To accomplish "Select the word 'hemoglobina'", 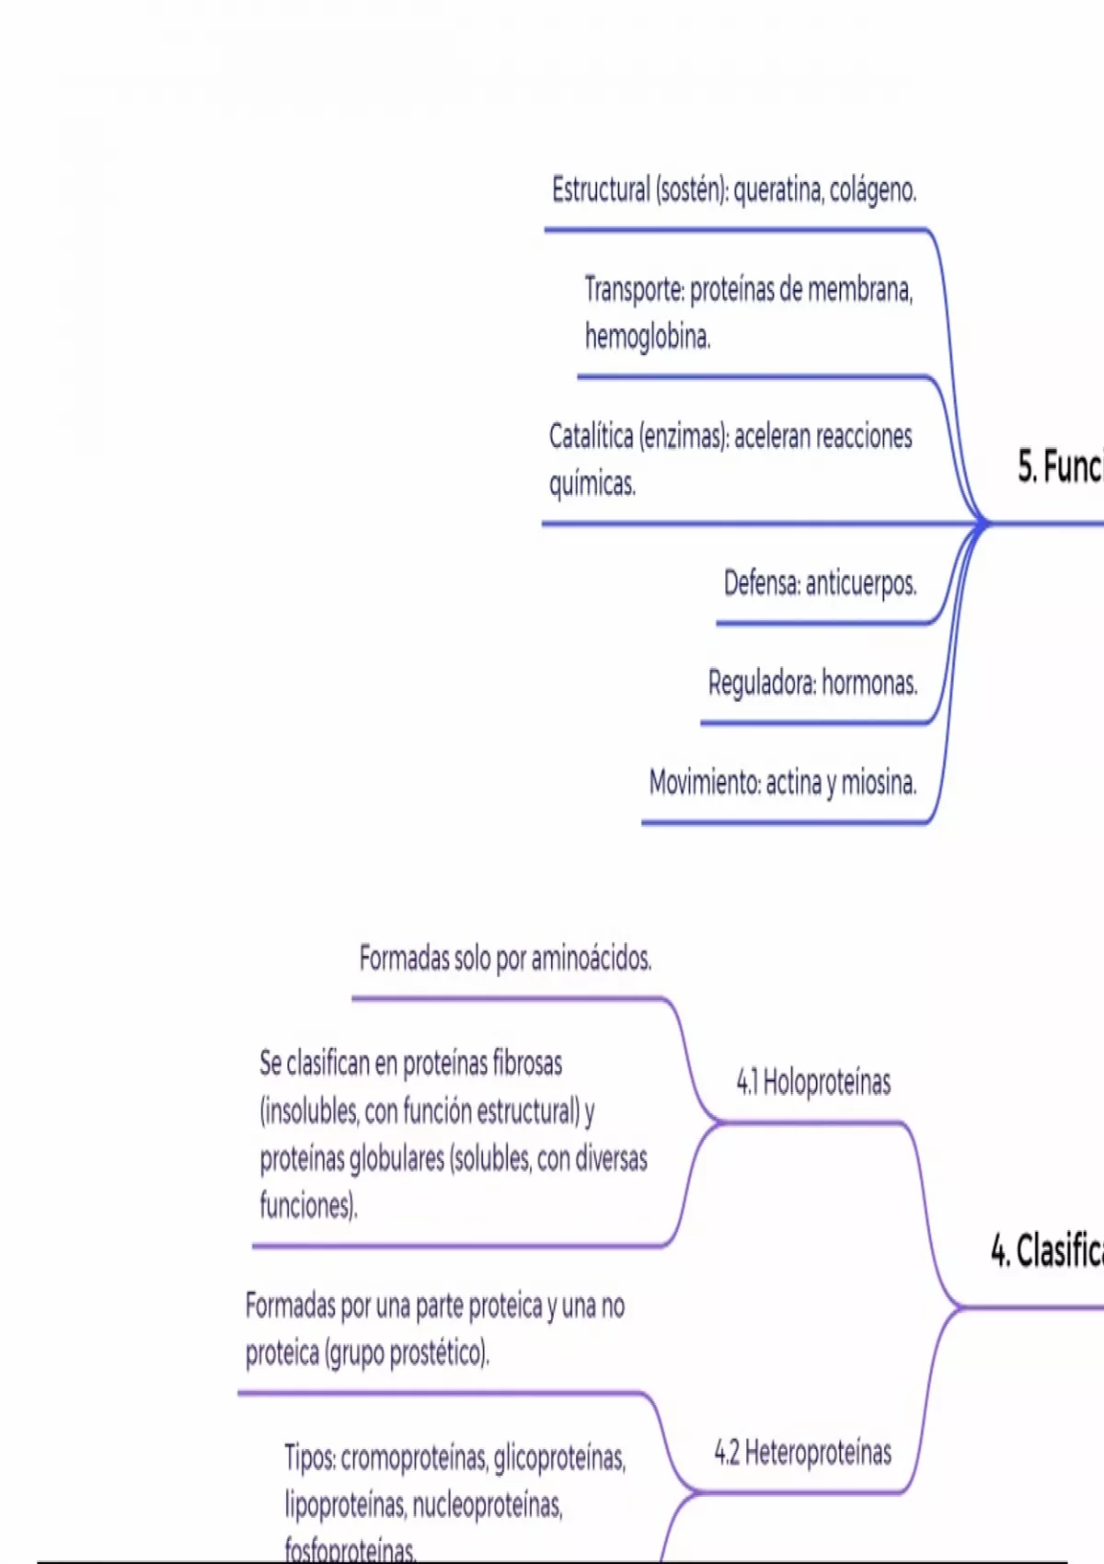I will click(648, 337).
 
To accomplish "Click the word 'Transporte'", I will click(635, 290).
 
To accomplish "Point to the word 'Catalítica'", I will click(591, 436).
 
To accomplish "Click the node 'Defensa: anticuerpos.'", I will click(820, 583).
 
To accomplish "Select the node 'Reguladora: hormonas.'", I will click(812, 683).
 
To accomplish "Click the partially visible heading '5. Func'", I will click(1059, 466).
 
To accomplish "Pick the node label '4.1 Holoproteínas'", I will click(813, 1082).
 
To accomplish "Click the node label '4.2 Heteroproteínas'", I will click(803, 1453).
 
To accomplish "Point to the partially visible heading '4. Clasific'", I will click(1047, 1250).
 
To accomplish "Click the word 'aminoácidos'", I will click(592, 959).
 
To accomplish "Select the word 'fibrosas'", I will click(527, 1064).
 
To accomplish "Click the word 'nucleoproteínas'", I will click(487, 1505).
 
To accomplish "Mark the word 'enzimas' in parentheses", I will click(683, 436).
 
